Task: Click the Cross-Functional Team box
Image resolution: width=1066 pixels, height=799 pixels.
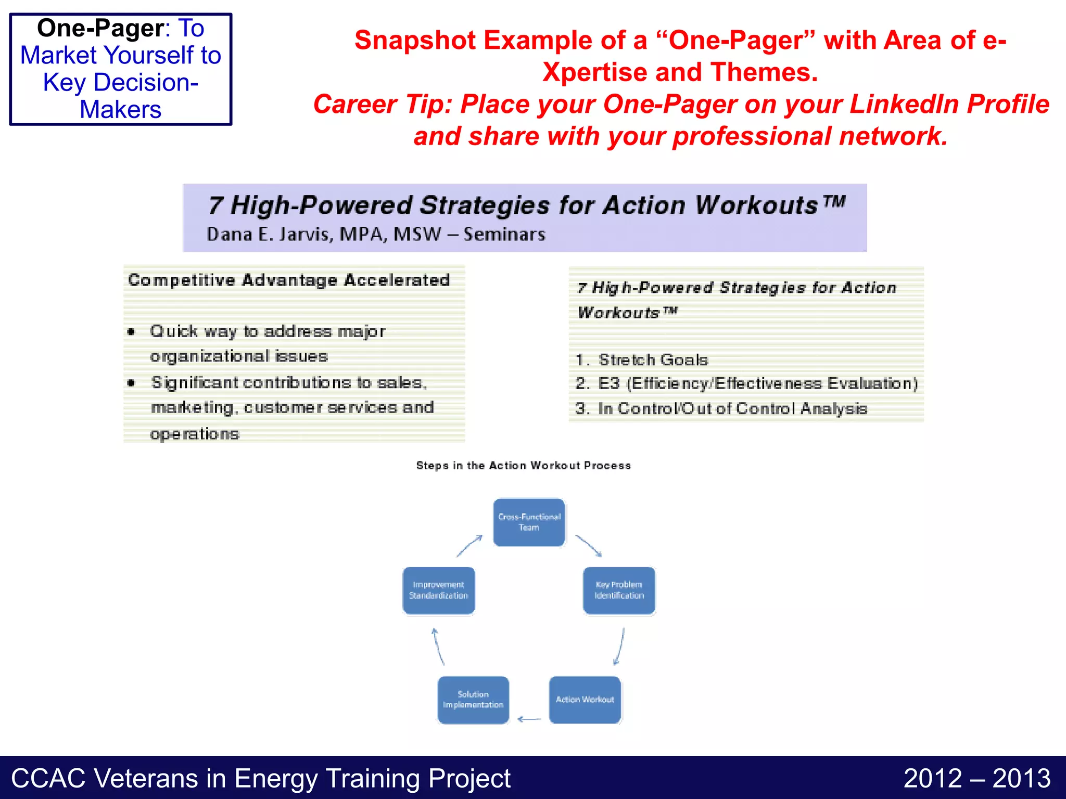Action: click(529, 522)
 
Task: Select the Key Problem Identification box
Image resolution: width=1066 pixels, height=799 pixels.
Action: click(619, 590)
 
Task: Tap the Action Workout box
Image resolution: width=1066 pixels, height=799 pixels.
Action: click(585, 700)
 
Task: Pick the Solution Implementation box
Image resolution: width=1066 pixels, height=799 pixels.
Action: click(473, 700)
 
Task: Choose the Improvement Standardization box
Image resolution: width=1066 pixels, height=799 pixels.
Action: click(439, 590)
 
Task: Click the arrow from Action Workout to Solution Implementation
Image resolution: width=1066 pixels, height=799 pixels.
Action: click(529, 719)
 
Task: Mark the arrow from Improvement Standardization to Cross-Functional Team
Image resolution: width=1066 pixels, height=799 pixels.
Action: click(469, 546)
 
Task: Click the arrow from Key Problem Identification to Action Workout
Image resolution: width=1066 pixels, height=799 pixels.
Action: click(619, 647)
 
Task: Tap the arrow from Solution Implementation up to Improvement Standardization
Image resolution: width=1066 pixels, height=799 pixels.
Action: click(438, 647)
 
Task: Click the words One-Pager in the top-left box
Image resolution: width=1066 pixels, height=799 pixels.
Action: click(100, 28)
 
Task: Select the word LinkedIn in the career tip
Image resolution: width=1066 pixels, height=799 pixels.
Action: click(904, 104)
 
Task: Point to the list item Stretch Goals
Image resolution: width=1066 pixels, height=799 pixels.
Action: click(653, 359)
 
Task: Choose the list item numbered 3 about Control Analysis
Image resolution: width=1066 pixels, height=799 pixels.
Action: click(721, 408)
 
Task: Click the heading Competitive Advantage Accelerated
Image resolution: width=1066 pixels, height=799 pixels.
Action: click(289, 280)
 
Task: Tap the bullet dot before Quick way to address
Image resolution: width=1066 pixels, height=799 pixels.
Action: click(132, 332)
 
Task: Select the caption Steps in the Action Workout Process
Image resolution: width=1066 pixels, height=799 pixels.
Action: click(523, 466)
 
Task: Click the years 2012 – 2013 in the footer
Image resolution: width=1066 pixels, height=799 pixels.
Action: click(976, 778)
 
